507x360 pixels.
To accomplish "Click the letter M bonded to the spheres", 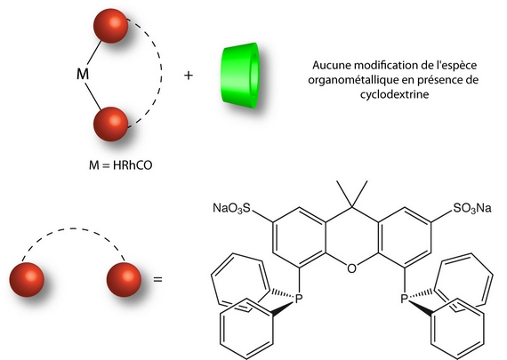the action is pyautogui.click(x=83, y=74).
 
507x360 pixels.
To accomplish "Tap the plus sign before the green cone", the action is pyautogui.click(x=189, y=76).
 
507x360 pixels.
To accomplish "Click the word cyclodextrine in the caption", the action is pyautogui.click(x=394, y=94).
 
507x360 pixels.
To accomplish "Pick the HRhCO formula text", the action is pyautogui.click(x=133, y=165).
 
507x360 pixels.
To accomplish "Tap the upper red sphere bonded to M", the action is pyautogui.click(x=110, y=26).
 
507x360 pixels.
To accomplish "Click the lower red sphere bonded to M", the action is pyautogui.click(x=110, y=124).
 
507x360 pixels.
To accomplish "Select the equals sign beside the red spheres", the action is pyautogui.click(x=157, y=279).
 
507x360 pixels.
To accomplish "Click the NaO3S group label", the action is pyautogui.click(x=231, y=208).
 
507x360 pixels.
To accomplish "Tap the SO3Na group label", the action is pyautogui.click(x=472, y=208).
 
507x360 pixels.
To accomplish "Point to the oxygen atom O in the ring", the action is pyautogui.click(x=352, y=268).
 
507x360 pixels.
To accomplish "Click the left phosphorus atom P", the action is pyautogui.click(x=298, y=299).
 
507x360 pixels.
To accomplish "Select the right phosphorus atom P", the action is pyautogui.click(x=404, y=299).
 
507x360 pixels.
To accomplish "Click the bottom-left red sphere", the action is pyautogui.click(x=27, y=280).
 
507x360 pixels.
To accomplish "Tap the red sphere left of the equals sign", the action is pyautogui.click(x=124, y=280).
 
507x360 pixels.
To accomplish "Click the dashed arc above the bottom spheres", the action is pyautogui.click(x=73, y=228).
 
